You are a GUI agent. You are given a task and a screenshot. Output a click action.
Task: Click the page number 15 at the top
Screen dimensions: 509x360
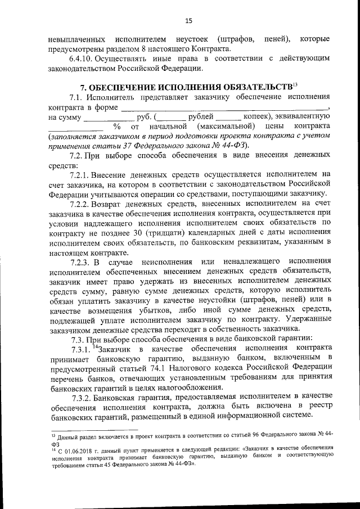coord(188,21)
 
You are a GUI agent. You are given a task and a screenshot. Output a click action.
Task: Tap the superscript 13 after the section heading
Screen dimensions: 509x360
coord(295,84)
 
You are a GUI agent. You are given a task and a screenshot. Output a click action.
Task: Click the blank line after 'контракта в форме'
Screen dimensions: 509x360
coord(225,107)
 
